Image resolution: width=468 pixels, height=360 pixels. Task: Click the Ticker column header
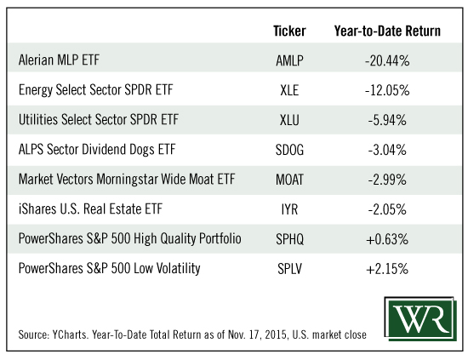289,31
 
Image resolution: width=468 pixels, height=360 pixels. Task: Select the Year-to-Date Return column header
387,31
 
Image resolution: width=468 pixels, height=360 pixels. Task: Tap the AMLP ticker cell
289,60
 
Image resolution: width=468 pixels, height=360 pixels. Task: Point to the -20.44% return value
387,60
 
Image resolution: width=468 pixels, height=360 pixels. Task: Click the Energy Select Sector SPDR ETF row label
96,90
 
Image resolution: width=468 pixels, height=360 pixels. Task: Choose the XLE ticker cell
289,90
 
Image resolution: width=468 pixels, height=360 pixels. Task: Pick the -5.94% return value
387,120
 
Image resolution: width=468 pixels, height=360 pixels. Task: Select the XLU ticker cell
289,120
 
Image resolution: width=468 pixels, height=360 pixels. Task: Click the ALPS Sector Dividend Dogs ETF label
97,150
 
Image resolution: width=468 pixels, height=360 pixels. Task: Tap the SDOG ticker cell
289,150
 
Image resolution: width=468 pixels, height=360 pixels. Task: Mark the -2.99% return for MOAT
387,180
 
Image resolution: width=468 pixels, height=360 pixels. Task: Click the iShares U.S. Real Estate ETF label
90,209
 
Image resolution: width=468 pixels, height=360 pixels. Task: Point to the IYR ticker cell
289,209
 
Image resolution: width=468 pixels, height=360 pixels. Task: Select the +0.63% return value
387,239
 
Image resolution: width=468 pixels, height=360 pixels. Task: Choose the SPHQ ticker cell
289,239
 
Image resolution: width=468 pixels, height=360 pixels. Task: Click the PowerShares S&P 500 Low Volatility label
109,268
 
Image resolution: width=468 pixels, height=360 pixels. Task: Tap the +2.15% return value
387,269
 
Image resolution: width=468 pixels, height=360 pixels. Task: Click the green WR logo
420,319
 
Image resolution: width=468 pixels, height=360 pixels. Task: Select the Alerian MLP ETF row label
59,60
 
